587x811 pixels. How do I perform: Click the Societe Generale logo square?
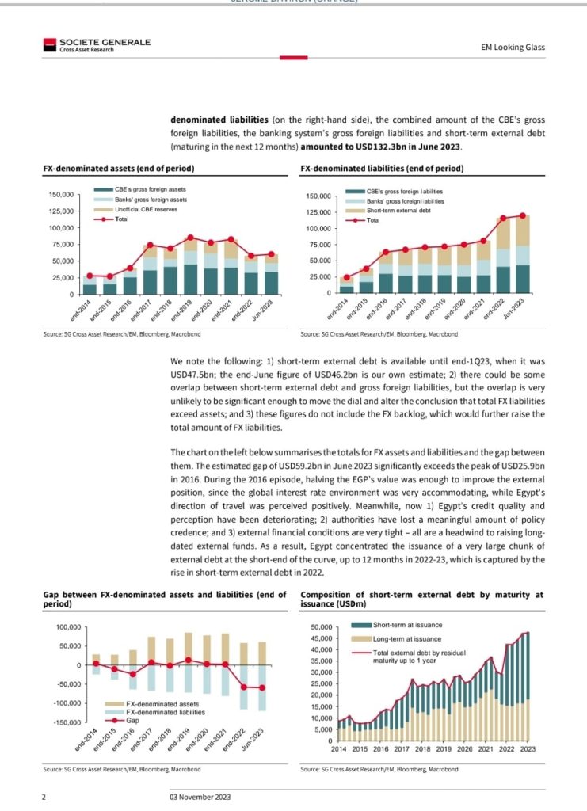point(48,45)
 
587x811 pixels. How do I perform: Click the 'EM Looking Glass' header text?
point(513,47)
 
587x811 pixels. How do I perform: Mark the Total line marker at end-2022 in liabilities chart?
point(502,219)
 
